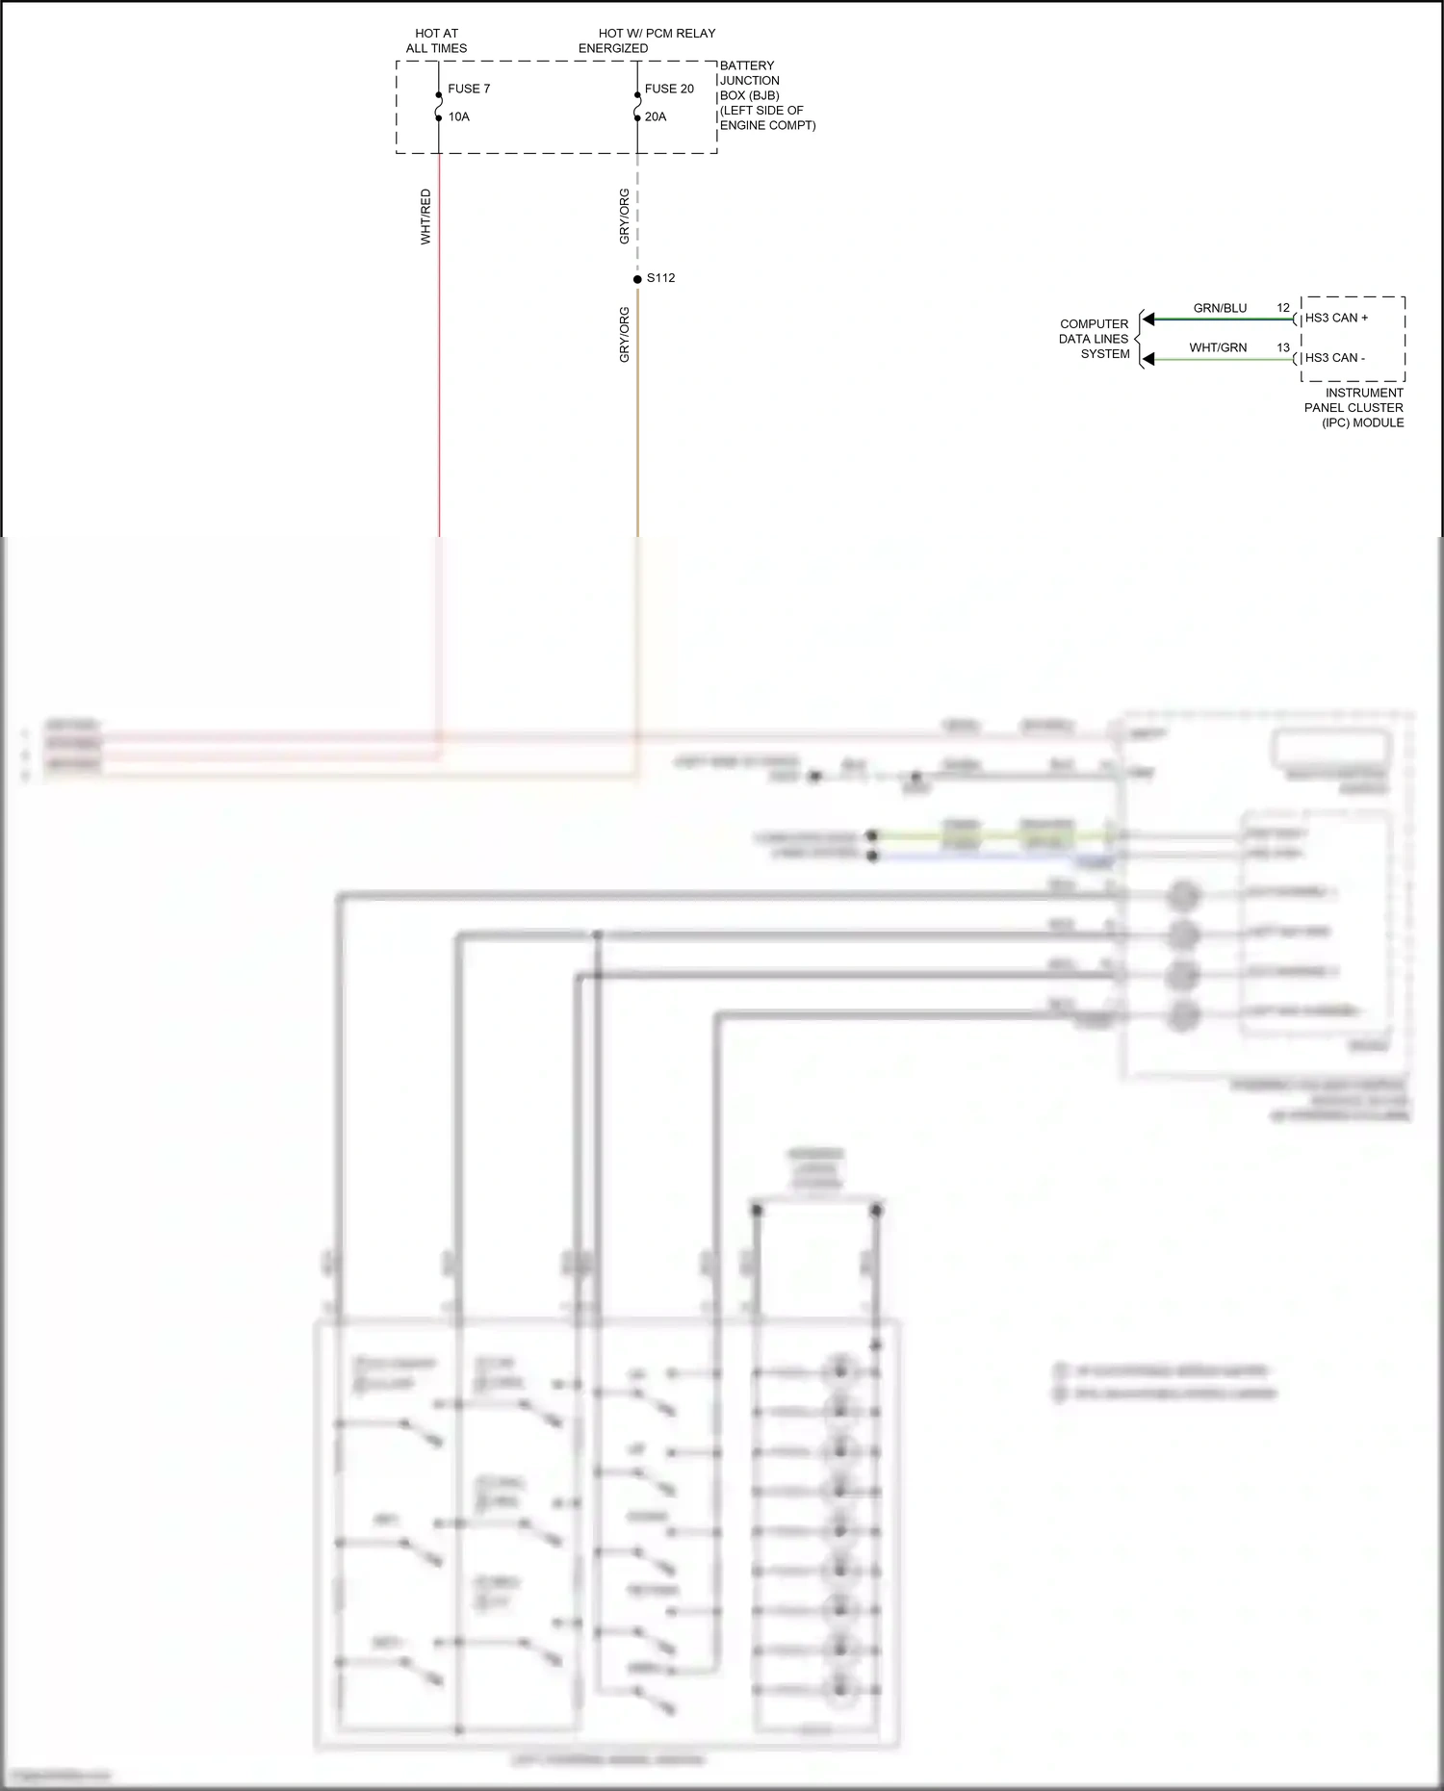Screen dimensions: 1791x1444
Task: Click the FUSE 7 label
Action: (469, 89)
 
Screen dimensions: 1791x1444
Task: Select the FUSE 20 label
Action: (669, 89)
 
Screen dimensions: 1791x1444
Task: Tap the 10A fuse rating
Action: (459, 116)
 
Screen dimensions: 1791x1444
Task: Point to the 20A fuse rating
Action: (656, 116)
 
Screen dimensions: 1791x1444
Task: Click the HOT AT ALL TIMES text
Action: (436, 40)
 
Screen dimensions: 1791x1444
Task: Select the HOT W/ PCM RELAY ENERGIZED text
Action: (647, 40)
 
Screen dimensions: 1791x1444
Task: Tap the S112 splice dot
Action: (637, 279)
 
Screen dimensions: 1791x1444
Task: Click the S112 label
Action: (660, 278)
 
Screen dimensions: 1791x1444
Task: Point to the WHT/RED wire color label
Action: (425, 217)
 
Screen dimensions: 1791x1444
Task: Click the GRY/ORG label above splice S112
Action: (624, 217)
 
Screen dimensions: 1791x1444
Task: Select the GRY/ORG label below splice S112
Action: (624, 335)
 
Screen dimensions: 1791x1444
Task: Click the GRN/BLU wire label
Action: (1220, 308)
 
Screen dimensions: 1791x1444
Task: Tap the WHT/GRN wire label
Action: (1218, 347)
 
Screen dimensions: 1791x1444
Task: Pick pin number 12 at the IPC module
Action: (1283, 308)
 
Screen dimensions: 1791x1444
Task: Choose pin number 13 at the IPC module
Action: (1283, 347)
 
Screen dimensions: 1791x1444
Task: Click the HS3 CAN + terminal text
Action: (1336, 318)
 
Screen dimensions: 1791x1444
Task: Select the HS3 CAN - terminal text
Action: (1334, 357)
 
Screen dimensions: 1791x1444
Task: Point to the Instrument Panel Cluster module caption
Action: (1354, 407)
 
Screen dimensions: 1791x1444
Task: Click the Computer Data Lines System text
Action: (1095, 339)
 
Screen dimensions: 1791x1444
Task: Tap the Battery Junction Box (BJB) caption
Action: (766, 95)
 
